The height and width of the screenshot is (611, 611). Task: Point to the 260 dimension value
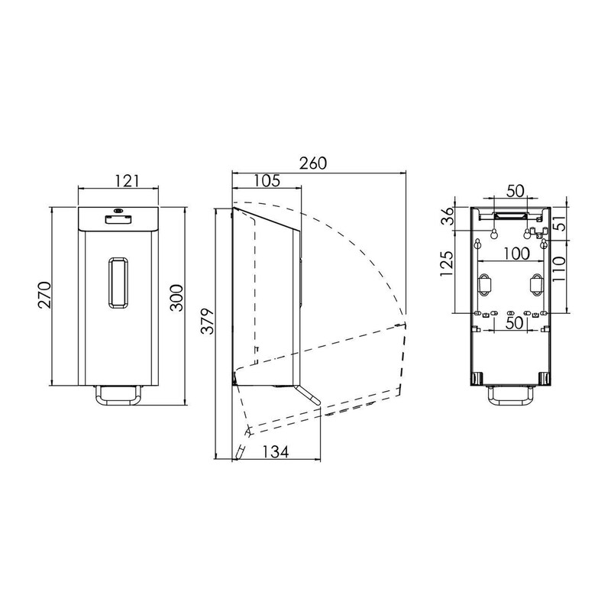[312, 164]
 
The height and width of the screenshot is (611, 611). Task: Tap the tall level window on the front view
[118, 283]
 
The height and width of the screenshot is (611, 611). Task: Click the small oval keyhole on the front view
[118, 211]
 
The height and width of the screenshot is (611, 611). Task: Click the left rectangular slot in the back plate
[484, 283]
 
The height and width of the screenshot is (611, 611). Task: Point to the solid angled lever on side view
[309, 394]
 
